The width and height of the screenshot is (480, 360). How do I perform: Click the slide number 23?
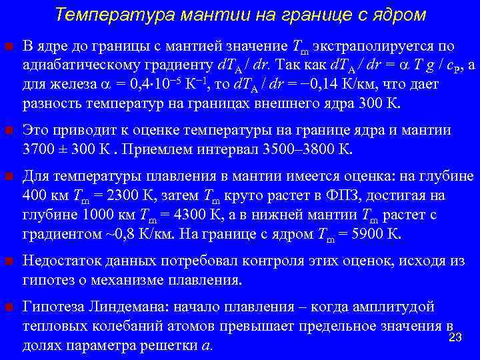456,338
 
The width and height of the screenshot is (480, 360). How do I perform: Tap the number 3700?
37,149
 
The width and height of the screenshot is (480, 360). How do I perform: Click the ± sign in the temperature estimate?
61,149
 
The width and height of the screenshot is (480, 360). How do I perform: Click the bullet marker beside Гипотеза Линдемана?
9,307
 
